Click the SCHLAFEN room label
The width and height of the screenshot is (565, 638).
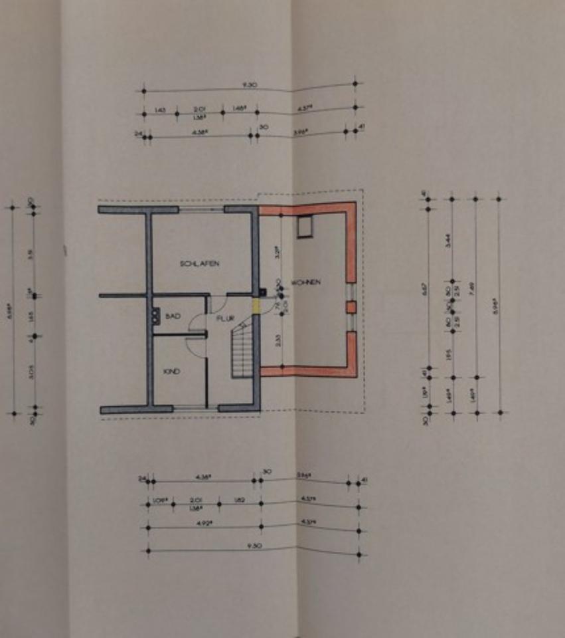(x=199, y=264)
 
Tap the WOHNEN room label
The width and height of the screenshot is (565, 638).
(x=308, y=282)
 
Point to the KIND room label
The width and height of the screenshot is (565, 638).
(x=171, y=372)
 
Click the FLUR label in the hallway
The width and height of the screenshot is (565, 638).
(x=226, y=319)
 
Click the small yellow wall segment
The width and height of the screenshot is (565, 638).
(x=256, y=306)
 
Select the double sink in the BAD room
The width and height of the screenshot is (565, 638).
(x=157, y=315)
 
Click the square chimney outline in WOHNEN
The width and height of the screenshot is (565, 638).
(x=305, y=227)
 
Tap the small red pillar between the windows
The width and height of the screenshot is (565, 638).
(x=351, y=307)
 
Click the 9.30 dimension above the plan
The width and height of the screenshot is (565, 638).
(x=249, y=85)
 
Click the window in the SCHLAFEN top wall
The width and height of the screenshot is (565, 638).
(x=201, y=209)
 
